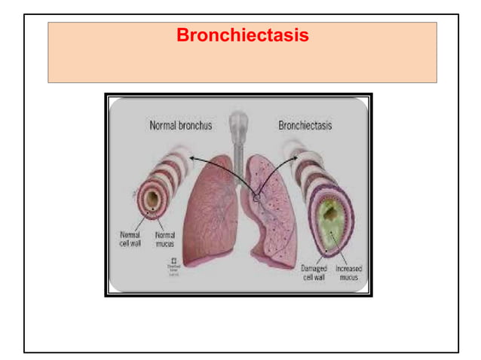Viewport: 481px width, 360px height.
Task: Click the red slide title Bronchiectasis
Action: [x=242, y=35]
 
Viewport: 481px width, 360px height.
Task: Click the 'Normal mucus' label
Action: [x=164, y=239]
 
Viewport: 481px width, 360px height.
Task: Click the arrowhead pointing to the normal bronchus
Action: [x=191, y=158]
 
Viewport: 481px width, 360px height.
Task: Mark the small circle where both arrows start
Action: [x=256, y=197]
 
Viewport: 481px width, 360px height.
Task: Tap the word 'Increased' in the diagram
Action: [x=348, y=268]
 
